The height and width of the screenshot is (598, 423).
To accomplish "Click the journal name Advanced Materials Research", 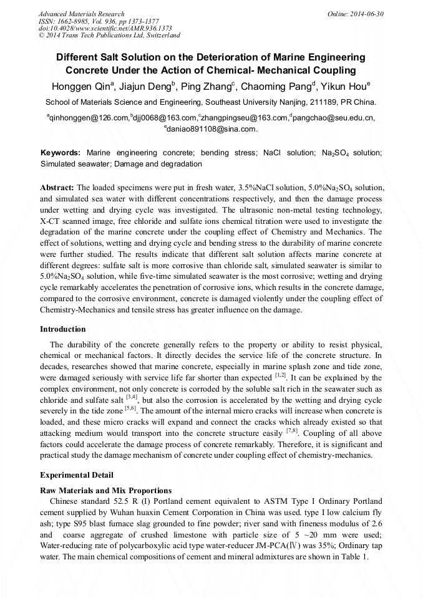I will pos(82,14).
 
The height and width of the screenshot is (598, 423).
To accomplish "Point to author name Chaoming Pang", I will pos(280,87).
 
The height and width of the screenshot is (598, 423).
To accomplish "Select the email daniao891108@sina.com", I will pos(211,129).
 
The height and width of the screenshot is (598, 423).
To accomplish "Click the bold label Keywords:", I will pos(61,153).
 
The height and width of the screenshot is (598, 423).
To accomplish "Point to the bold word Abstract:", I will pos(57,187).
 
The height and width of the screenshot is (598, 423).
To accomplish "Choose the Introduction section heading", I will pos(63,329).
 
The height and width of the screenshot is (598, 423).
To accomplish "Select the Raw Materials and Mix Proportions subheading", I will pos(105,490).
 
